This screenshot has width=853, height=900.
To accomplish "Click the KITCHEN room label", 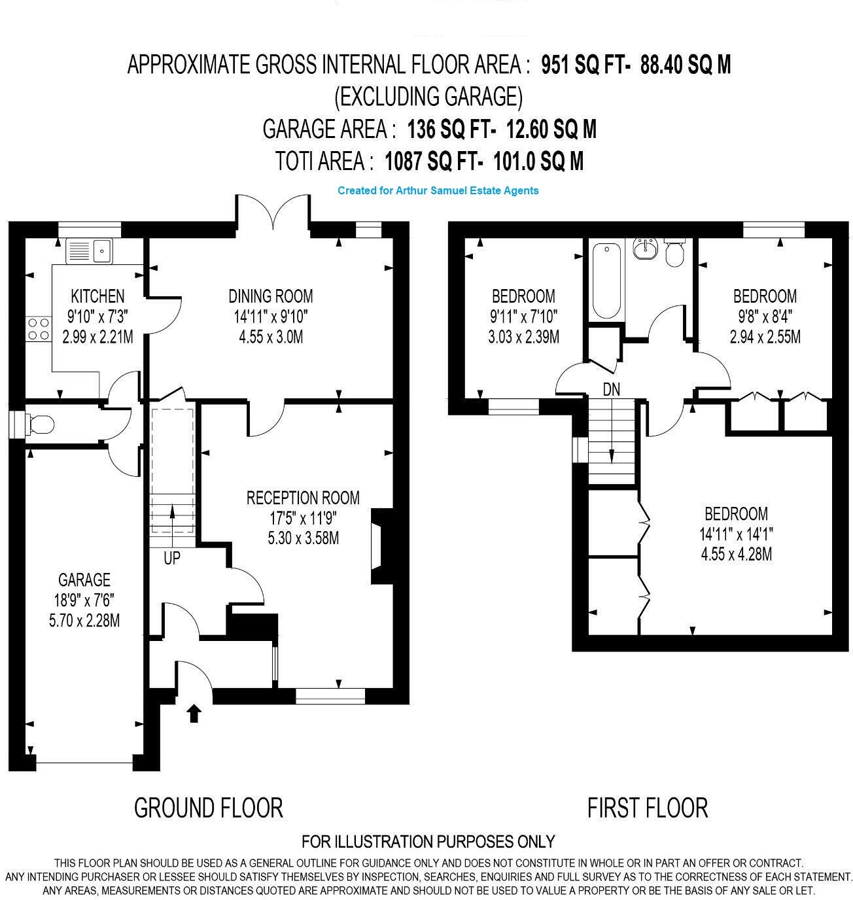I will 97,296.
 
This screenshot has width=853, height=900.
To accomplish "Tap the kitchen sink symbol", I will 90,251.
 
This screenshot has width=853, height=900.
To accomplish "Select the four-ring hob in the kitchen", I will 38,328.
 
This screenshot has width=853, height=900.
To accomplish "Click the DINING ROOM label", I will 270,296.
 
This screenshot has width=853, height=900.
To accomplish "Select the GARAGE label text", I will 84,580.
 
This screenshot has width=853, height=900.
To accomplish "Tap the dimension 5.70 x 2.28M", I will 84,620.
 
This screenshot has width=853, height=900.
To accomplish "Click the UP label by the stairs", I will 171,559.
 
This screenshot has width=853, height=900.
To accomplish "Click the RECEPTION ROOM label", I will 303,498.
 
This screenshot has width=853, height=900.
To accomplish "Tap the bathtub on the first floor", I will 606,280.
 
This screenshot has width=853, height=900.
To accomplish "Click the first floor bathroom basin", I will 646,249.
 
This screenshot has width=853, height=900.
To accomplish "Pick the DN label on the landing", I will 612,390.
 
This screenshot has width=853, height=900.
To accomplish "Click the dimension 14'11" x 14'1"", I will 736,534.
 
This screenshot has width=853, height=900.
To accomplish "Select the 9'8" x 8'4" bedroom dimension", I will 765,317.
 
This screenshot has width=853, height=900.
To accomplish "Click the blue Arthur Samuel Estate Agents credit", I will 438,190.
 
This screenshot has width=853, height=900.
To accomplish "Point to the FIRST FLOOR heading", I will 647,808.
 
